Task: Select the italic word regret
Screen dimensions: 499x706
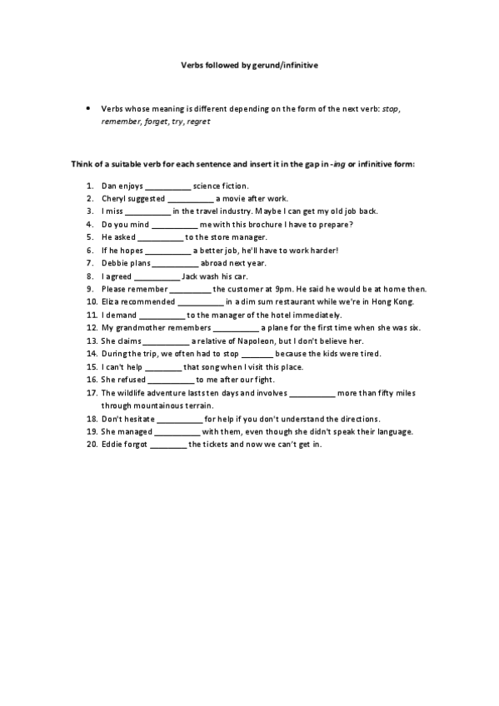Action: point(198,122)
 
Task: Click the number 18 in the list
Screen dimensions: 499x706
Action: point(91,418)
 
